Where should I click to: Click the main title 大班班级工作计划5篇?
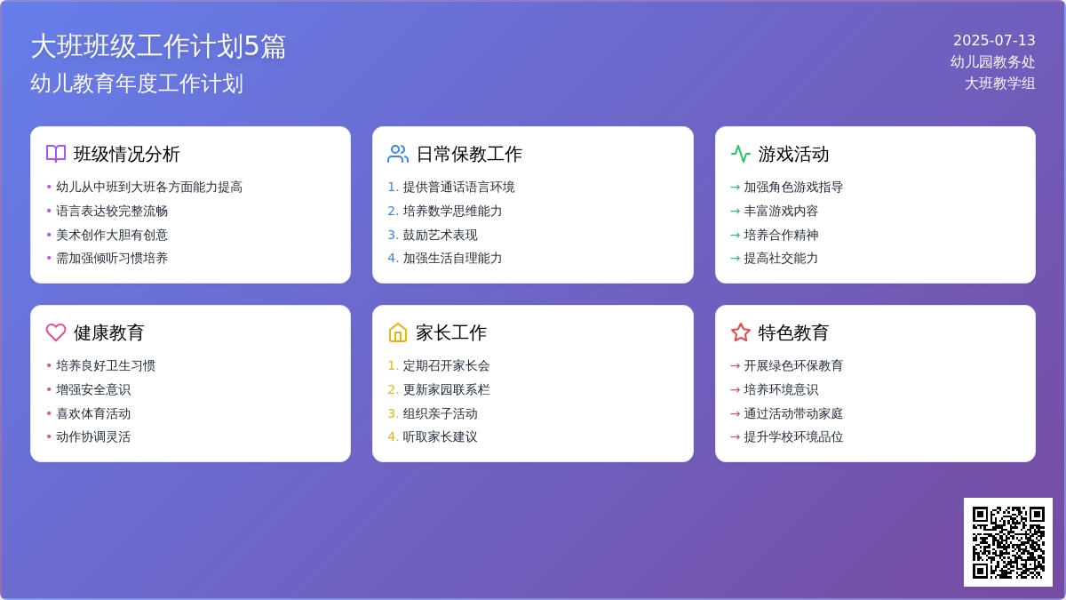(x=158, y=46)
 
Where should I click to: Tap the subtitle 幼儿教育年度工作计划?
(x=137, y=84)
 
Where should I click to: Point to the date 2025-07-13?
(x=994, y=40)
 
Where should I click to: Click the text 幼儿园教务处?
(x=992, y=61)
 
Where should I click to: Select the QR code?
(x=1007, y=541)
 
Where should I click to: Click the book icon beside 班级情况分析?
(x=56, y=154)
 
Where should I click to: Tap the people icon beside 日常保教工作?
(x=398, y=154)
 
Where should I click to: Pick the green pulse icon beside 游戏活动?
(x=741, y=154)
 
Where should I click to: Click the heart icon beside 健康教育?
(x=56, y=332)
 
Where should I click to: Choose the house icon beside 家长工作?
(x=398, y=332)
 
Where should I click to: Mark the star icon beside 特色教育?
(x=741, y=332)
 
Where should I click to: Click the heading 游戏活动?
(x=793, y=154)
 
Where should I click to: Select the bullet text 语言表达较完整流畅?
(x=112, y=211)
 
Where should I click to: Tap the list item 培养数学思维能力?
(x=452, y=211)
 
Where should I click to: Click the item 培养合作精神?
(x=781, y=235)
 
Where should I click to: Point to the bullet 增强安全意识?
(x=93, y=389)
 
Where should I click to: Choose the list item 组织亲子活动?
(x=440, y=413)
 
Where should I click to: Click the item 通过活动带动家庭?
(x=793, y=413)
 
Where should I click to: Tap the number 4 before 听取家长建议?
(x=393, y=436)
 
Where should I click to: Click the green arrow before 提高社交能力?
(x=735, y=258)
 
